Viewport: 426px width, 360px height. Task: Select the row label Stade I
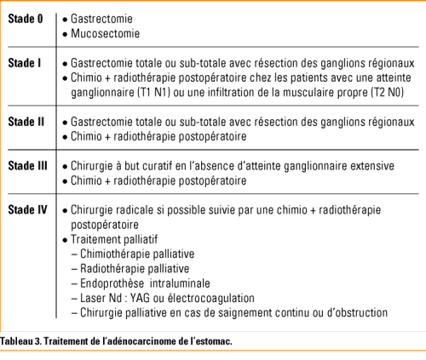[x=24, y=62]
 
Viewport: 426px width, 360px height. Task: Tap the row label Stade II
[x=26, y=121]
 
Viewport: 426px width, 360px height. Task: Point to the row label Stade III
[x=27, y=165]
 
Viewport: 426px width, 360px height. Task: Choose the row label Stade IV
[x=26, y=209]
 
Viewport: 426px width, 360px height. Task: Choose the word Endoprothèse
[x=110, y=283]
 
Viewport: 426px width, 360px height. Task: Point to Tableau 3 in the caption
[x=22, y=340]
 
